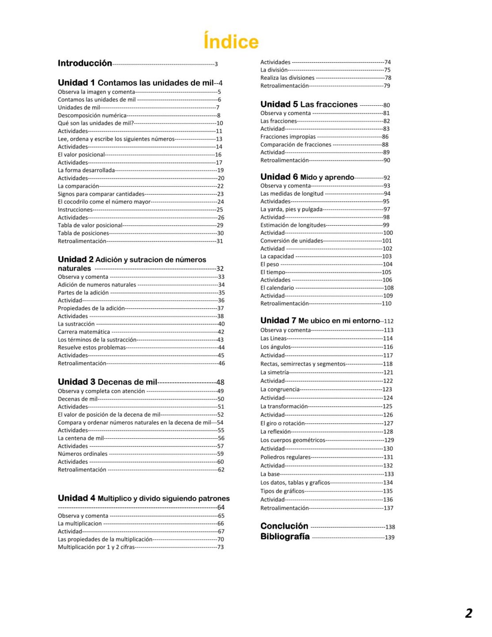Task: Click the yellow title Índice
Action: coord(231,42)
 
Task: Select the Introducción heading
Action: coord(85,63)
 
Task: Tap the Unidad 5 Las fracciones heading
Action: coord(309,104)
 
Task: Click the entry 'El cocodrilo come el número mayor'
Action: coord(104,202)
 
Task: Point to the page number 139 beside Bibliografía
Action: coord(389,537)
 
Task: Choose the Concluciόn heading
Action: coord(284,526)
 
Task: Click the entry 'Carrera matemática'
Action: coord(84,332)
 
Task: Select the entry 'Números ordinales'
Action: coord(83,454)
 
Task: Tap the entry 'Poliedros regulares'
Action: coord(285,457)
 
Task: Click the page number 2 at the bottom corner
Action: coord(469,613)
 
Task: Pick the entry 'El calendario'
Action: coord(277,288)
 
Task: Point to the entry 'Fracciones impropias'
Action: coord(288,137)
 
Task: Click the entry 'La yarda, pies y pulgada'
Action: coord(291,209)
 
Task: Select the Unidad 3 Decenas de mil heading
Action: coord(107,382)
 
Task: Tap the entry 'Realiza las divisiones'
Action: coord(287,78)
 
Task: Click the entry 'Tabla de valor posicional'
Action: coord(90,225)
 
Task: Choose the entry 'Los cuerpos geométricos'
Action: coord(293,440)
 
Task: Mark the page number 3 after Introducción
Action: coord(216,64)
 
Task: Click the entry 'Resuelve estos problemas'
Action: coord(92,348)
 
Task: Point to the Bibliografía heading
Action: coord(285,537)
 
